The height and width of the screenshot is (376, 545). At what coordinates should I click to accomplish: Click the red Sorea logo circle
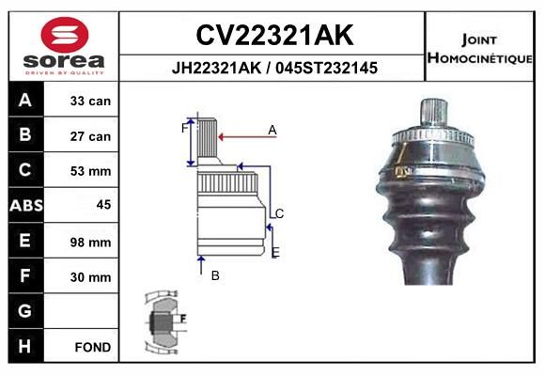(65, 35)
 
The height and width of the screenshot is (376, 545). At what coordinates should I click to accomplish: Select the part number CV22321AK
(274, 35)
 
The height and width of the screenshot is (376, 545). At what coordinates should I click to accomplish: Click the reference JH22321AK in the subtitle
(216, 68)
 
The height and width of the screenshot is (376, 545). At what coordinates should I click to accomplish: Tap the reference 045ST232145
(326, 68)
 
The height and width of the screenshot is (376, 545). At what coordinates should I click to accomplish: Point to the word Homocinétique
(479, 57)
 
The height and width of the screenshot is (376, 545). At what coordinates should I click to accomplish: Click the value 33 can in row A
(90, 101)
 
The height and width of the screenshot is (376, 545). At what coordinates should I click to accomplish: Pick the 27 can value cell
(90, 136)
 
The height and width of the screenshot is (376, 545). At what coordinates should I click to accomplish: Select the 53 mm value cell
(90, 171)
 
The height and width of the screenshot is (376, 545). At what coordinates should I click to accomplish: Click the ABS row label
(26, 205)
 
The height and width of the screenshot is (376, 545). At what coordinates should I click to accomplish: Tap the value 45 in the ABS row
(103, 205)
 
